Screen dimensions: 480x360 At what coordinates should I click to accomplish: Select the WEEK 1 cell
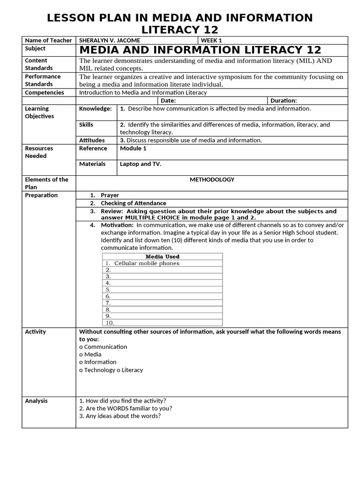point(211,40)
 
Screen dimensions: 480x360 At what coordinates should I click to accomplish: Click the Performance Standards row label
point(43,80)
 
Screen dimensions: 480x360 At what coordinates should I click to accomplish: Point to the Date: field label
point(168,100)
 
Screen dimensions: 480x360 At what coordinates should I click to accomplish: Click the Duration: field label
point(284,100)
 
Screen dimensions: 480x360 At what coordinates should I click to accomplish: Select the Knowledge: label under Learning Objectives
point(95,109)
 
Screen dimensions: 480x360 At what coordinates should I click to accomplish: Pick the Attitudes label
point(92,140)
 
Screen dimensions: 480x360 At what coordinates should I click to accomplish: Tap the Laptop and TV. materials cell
point(141,164)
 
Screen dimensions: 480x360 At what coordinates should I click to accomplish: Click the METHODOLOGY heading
point(212,180)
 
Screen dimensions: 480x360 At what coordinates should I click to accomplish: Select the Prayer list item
point(110,195)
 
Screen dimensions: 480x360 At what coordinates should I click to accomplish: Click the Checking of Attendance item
point(133,203)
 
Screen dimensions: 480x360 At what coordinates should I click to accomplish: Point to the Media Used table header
point(162,256)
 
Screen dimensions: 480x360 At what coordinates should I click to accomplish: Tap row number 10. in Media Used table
point(110,322)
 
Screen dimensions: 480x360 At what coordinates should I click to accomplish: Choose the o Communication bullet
point(103,347)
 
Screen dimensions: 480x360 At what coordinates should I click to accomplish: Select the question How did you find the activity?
point(122,401)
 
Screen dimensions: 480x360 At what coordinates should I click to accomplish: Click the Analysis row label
point(36,401)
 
